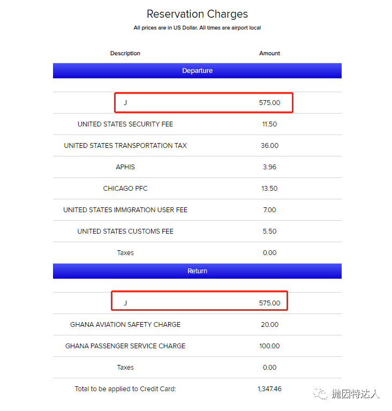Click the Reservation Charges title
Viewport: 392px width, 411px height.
coord(197,14)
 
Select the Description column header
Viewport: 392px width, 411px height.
coord(125,54)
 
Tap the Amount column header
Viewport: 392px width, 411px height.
coord(269,54)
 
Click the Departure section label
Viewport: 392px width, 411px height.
coord(197,71)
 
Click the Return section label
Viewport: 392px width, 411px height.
coord(197,271)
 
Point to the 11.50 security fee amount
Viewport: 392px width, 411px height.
coord(269,124)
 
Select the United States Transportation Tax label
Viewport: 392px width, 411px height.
coord(125,146)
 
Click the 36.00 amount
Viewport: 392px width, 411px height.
coord(269,146)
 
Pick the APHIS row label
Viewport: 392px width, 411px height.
coord(125,167)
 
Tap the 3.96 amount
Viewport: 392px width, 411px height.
coord(269,167)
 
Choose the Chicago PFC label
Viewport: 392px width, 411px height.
coord(125,189)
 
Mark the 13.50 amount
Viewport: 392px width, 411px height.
coord(269,189)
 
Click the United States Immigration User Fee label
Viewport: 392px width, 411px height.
coord(125,210)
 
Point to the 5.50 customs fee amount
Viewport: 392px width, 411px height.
coord(269,231)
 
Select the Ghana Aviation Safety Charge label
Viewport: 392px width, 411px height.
coord(125,325)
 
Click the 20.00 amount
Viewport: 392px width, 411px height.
coord(269,325)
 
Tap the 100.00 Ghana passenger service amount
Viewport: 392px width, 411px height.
coord(269,346)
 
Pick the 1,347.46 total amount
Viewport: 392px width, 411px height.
coord(269,389)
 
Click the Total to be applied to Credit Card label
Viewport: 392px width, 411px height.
coord(125,389)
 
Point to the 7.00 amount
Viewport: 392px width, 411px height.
coord(269,210)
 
